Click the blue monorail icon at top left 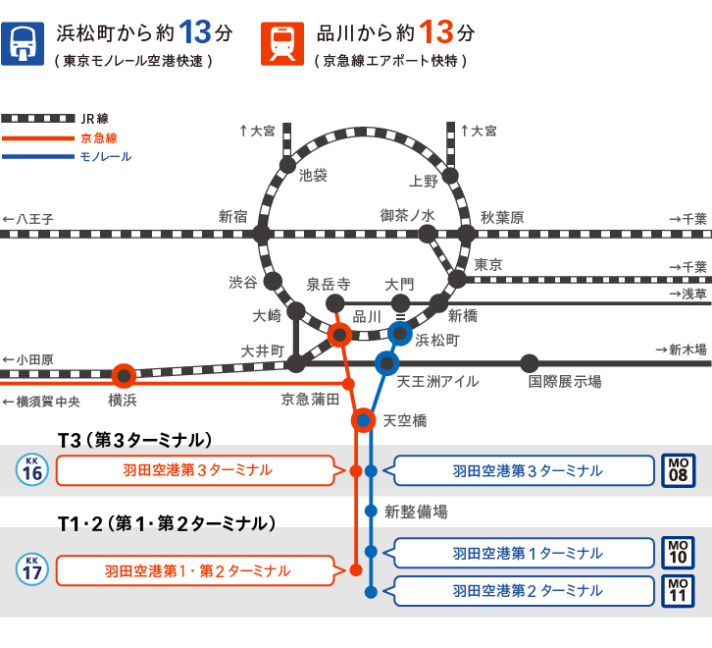22,44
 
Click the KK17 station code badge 32,567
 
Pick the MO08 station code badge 678,471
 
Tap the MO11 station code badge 678,590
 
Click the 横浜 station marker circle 124,375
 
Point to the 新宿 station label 233,216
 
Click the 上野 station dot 450,176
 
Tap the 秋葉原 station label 502,217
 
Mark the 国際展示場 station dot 530,362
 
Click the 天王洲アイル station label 437,381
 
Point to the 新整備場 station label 416,511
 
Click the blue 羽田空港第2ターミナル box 527,590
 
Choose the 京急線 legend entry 98,137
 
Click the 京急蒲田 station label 310,399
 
